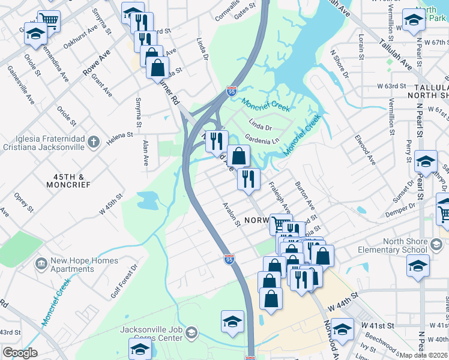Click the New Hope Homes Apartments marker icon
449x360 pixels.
41,264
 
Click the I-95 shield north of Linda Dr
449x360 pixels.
232,91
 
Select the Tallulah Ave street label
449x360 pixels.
395,55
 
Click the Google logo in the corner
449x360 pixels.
20,353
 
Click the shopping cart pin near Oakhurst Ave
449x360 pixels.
49,21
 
